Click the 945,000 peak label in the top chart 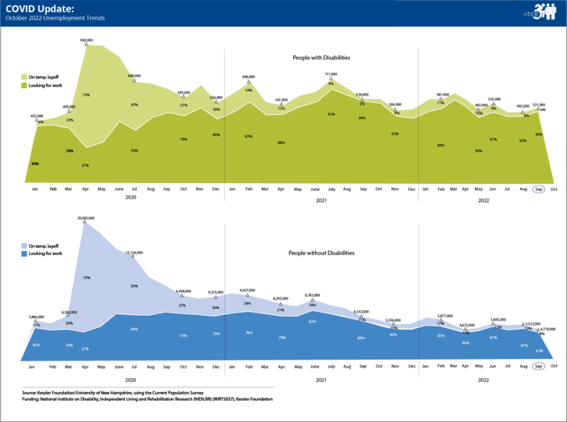click(86, 39)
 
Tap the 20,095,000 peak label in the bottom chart click(87, 217)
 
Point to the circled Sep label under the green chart click(539, 189)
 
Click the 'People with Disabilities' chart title click(326, 58)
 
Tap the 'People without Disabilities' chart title click(322, 253)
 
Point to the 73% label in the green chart click(86, 95)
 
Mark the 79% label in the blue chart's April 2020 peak click(86, 278)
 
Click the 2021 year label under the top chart click(321, 200)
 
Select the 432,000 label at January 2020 click(36, 116)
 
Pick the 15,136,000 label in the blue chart click(134, 253)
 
